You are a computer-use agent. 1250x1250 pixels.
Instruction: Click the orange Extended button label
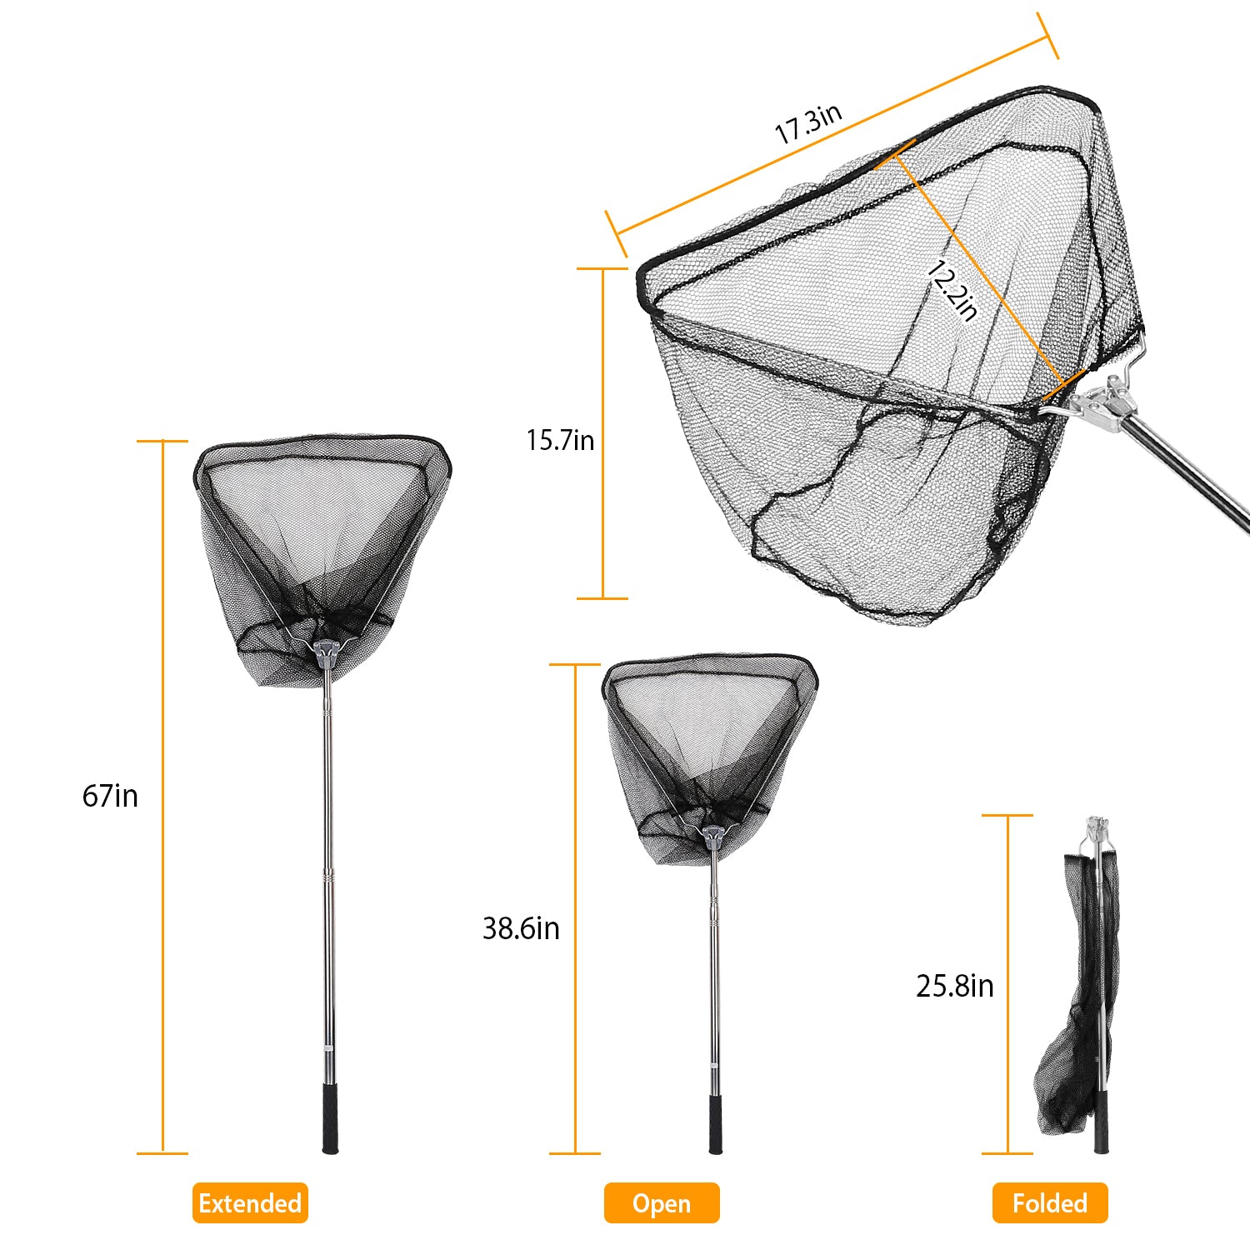click(x=250, y=1203)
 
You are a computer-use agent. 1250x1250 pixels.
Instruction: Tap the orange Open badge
click(x=662, y=1203)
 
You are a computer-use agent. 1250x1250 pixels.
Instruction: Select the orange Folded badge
click(x=1050, y=1203)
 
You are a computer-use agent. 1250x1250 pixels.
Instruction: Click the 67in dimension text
click(x=110, y=796)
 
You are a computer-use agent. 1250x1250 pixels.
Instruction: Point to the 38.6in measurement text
click(x=521, y=928)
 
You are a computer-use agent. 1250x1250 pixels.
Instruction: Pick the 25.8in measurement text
click(x=955, y=986)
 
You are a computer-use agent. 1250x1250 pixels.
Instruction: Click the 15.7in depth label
click(x=560, y=440)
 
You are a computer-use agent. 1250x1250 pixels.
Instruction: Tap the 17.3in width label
click(x=808, y=123)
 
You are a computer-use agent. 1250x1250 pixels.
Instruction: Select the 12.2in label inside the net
click(x=952, y=290)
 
